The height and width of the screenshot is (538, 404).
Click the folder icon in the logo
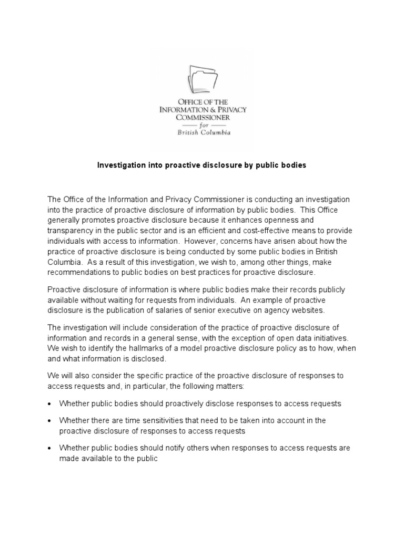(203, 79)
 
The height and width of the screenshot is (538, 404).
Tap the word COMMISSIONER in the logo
(202, 118)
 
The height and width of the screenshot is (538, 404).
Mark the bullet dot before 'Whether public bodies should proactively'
(49, 404)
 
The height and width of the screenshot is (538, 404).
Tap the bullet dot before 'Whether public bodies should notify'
(49, 449)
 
